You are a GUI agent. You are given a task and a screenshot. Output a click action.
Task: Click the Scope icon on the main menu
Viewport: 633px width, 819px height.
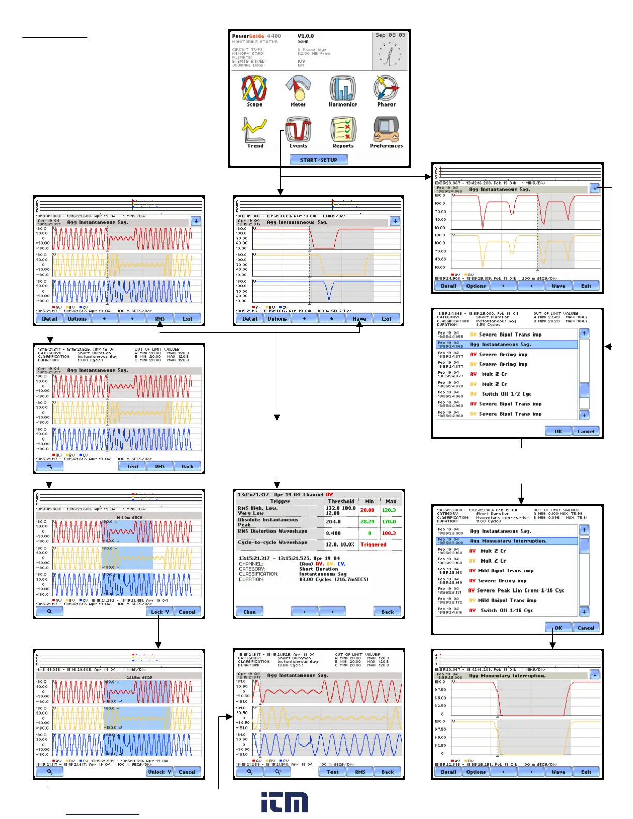[254, 88]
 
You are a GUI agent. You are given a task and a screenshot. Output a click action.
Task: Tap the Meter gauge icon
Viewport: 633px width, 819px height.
[298, 88]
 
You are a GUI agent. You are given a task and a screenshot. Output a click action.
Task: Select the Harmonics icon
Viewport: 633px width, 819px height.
[343, 88]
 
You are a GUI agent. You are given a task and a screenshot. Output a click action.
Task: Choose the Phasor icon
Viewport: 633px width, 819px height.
[386, 88]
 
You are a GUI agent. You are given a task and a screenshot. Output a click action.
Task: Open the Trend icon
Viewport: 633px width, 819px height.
[254, 130]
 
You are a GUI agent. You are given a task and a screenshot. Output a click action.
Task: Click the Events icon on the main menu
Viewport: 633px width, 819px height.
[298, 130]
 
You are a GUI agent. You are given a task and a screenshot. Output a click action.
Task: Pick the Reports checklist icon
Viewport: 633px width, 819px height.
[343, 130]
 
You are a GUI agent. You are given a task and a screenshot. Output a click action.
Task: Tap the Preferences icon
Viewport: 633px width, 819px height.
[386, 130]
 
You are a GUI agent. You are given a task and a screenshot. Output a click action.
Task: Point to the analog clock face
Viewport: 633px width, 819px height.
[389, 54]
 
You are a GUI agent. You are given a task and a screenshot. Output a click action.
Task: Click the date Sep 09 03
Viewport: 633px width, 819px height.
[390, 35]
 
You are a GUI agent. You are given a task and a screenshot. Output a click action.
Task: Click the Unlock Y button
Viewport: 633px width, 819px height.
[159, 772]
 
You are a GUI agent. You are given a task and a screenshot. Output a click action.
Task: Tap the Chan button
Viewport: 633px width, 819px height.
[249, 612]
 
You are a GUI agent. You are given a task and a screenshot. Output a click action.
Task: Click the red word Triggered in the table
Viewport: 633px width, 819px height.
[373, 544]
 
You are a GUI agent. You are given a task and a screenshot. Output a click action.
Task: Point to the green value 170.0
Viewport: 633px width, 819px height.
[389, 522]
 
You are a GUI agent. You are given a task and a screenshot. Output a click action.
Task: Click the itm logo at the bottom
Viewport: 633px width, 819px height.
[284, 802]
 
